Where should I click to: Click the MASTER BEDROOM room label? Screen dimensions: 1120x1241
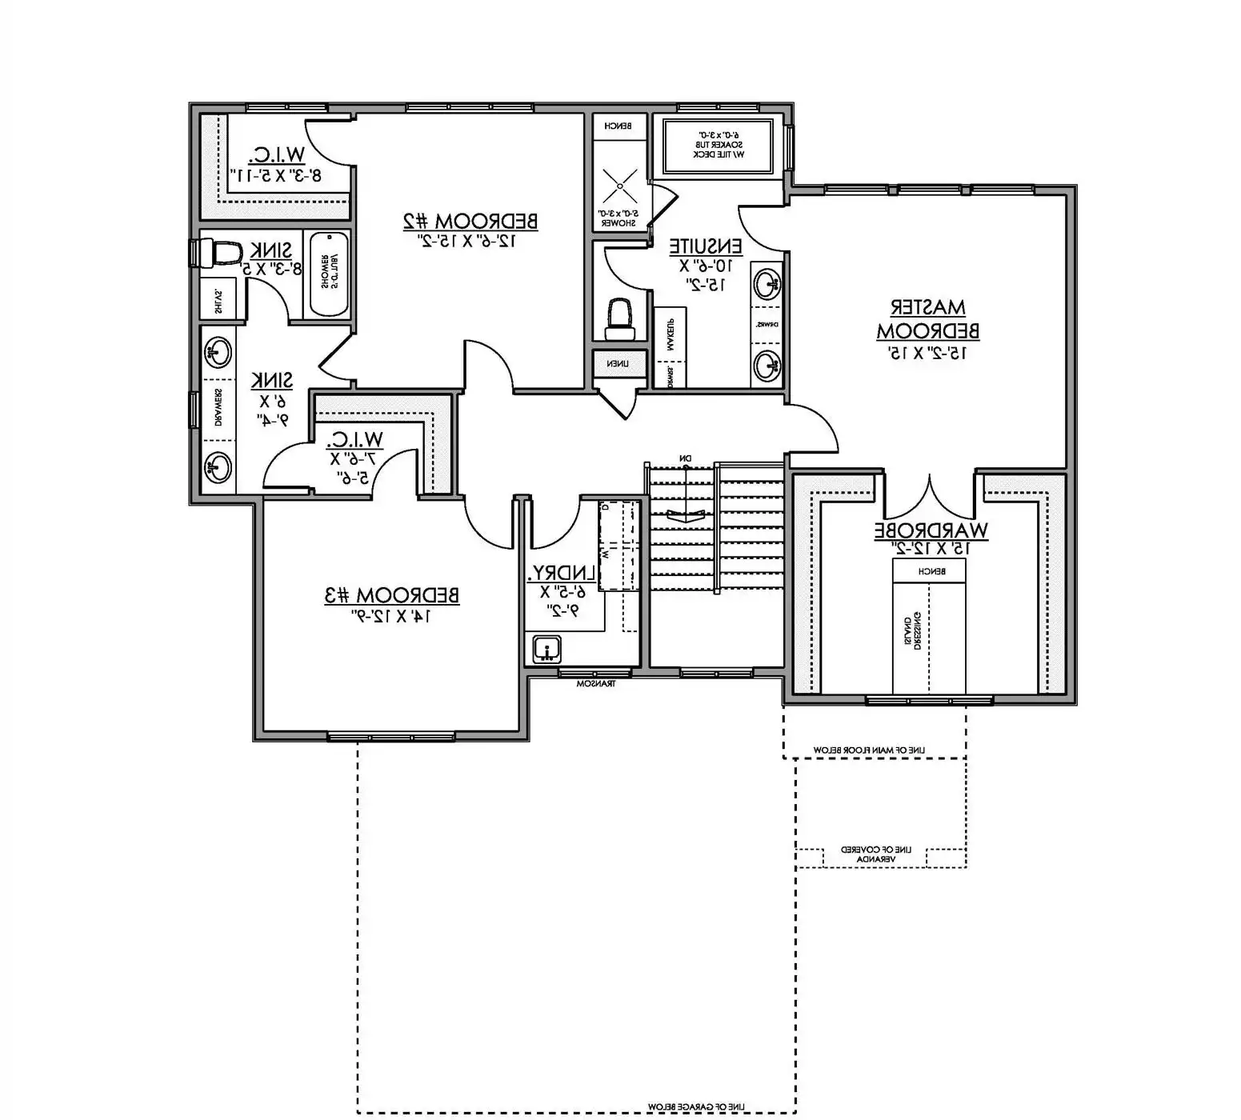927,318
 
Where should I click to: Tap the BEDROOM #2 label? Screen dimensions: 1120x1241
469,221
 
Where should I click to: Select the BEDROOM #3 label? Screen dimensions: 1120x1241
392,595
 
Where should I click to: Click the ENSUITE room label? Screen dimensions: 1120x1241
706,246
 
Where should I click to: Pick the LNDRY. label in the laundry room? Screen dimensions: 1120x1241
562,573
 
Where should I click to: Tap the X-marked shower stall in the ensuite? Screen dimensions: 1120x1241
620,186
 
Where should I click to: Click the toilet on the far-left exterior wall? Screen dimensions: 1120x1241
217,254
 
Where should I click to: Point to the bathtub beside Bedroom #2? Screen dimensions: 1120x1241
328,274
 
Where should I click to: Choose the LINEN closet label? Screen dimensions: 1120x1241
617,364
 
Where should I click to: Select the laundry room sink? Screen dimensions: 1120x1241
546,650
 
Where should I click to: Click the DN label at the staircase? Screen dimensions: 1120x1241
685,458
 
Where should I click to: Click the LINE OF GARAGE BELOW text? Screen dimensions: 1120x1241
695,1106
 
